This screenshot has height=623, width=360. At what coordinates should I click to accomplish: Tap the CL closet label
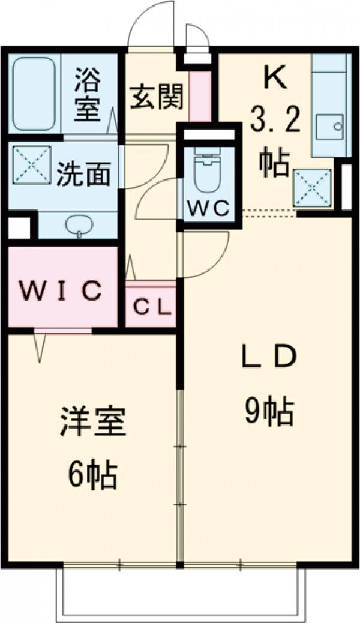click(152, 307)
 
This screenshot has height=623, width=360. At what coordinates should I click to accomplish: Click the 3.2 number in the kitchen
click(274, 123)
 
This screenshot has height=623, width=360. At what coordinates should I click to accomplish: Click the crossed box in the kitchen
click(312, 187)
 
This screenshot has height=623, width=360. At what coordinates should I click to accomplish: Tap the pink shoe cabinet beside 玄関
click(200, 96)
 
